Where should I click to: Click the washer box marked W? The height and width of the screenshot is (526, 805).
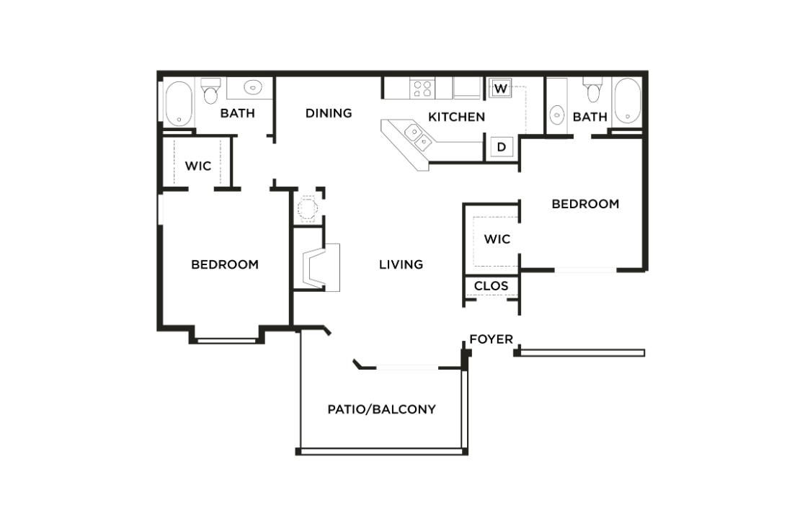coord(501,89)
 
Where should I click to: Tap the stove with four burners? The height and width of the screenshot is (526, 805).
coord(422,89)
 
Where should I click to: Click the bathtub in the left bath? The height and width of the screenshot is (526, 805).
coord(179,104)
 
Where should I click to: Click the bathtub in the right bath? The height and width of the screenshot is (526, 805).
coord(627,101)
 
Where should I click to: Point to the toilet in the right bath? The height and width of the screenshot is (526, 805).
coord(593,91)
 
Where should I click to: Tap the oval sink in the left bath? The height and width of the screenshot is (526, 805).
coord(252,88)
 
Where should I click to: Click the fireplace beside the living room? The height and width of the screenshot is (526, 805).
coord(316,267)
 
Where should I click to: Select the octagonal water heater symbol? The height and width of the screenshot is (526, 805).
coord(308,208)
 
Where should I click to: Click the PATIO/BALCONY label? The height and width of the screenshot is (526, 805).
coord(381,409)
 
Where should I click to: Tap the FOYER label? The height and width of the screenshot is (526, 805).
coord(491,339)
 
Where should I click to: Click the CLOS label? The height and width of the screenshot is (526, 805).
coord(491,286)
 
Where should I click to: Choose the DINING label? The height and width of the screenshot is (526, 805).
coord(328,113)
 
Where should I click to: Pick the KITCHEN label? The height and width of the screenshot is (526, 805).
coord(456,117)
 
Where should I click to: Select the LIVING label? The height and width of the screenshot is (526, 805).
coord(401,264)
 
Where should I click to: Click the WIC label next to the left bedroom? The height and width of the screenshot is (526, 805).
coord(197,166)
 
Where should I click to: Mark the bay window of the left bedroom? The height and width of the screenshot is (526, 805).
coord(226,339)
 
